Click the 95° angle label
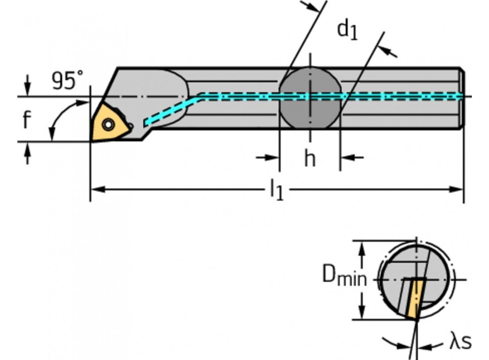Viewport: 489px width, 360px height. [x=67, y=80]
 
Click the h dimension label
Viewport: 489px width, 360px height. [x=310, y=158]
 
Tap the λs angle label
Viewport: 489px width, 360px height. [x=460, y=342]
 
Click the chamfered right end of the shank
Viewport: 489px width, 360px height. [x=462, y=98]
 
